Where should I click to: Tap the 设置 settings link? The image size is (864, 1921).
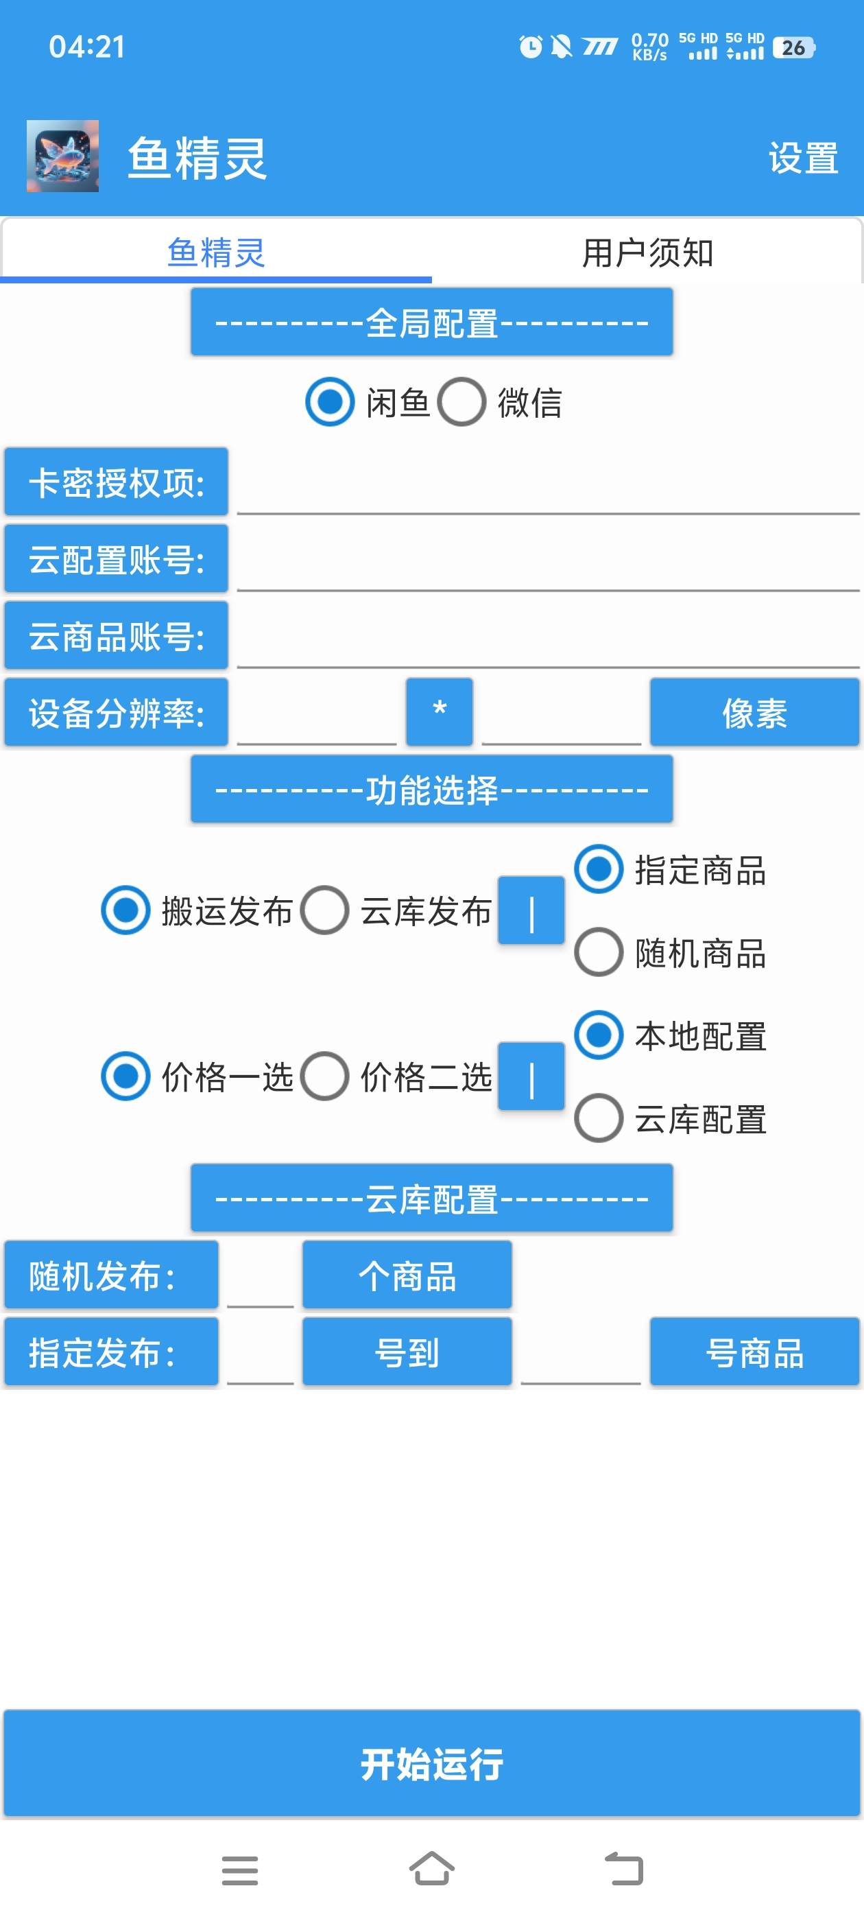click(x=803, y=158)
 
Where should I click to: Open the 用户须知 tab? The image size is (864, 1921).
click(x=647, y=252)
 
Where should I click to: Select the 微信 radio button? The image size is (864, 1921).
click(x=461, y=402)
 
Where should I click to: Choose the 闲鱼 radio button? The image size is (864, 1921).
click(x=330, y=402)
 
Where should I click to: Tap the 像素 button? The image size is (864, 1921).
click(x=754, y=712)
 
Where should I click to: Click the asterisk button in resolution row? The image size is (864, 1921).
click(x=439, y=712)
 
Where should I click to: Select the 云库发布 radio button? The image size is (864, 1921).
click(x=324, y=910)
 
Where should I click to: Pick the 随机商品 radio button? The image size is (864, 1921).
click(x=599, y=952)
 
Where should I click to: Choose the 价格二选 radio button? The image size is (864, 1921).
click(x=324, y=1076)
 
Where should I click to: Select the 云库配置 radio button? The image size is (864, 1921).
click(x=599, y=1118)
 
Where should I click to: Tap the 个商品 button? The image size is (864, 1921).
click(x=407, y=1275)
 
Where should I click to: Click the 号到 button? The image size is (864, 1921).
click(x=407, y=1352)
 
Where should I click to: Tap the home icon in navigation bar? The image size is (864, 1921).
click(x=431, y=1869)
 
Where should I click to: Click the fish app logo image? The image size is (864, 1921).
click(x=62, y=156)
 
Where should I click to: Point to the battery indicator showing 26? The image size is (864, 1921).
click(x=794, y=48)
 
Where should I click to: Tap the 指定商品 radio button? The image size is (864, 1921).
click(x=599, y=869)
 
